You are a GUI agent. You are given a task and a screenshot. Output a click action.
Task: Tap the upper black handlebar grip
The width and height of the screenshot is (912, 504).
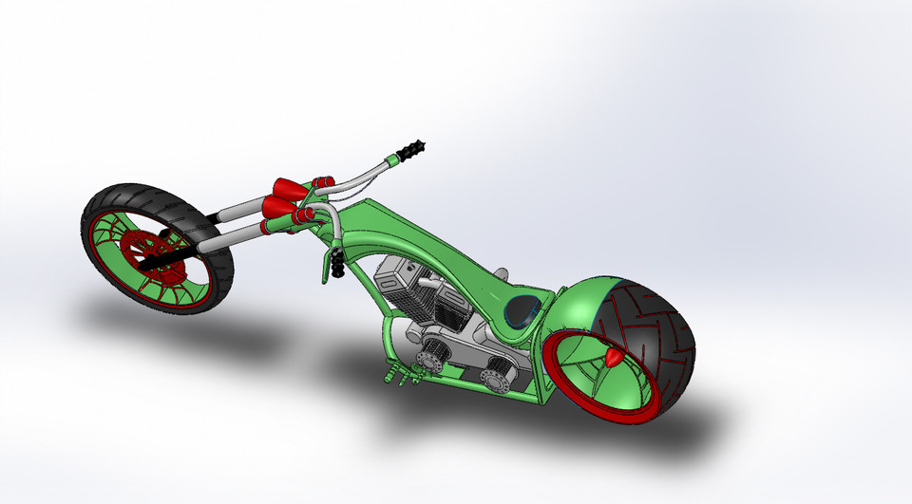pos(414,151)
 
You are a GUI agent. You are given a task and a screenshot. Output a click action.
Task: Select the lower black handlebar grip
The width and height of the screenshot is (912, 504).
pos(337,265)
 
